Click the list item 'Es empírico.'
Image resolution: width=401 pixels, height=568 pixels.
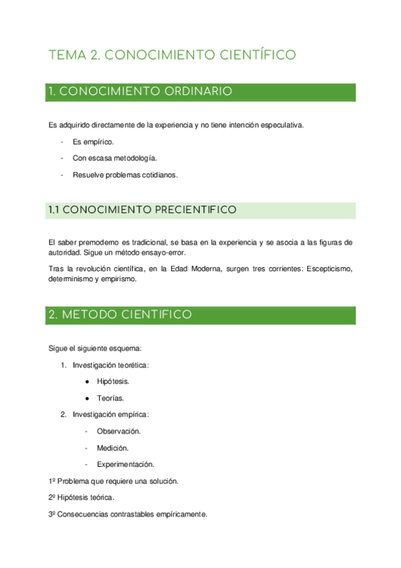point(93,142)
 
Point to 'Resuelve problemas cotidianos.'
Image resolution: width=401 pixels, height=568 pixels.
point(125,175)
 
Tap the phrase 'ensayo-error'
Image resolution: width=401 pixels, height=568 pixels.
point(170,253)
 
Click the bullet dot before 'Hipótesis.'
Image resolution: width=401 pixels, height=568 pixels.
point(88,382)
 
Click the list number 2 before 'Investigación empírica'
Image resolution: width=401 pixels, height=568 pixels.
point(63,415)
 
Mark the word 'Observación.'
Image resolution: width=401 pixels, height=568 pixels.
point(118,431)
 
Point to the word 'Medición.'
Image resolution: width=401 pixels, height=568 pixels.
point(112,448)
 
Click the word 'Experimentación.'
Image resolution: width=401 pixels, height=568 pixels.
point(125,464)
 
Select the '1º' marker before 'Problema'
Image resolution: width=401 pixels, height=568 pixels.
point(53,482)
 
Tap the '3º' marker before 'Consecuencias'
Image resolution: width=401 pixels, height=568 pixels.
point(53,515)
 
